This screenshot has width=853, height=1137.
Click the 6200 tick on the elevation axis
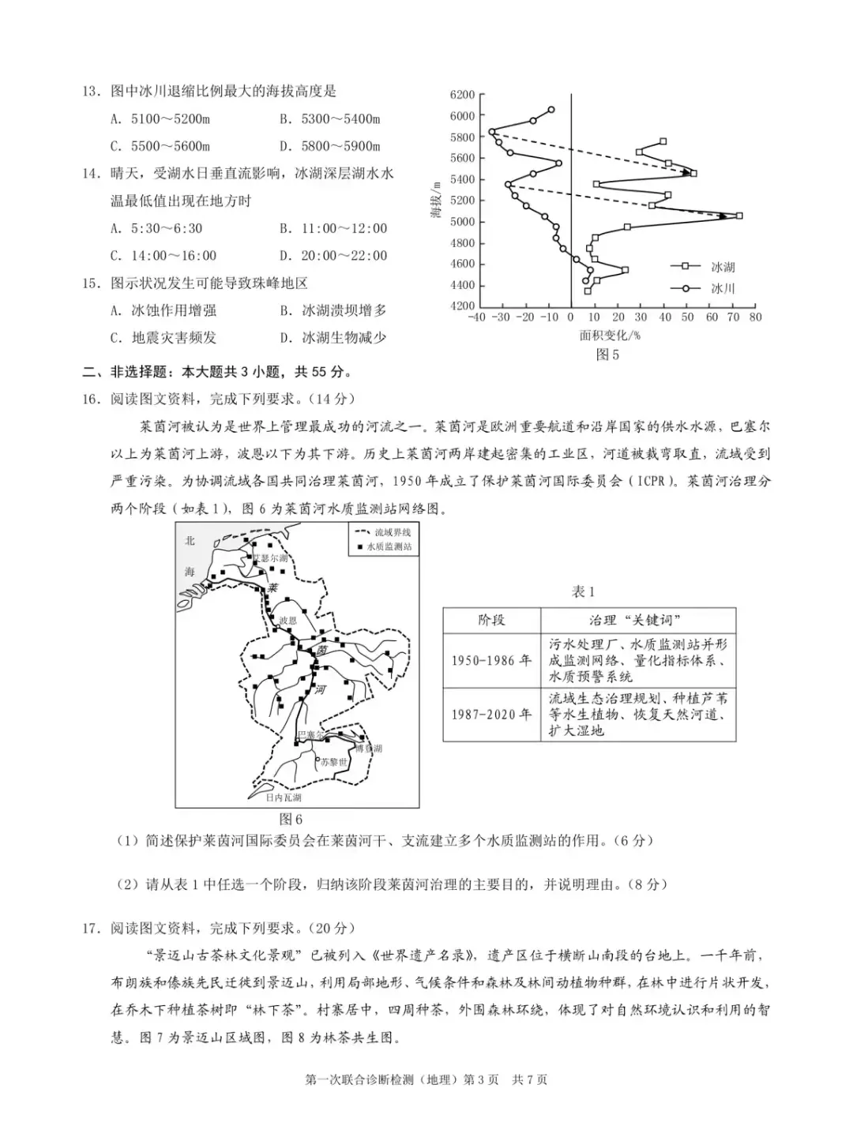(462, 95)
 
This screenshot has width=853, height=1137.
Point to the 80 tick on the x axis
(755, 317)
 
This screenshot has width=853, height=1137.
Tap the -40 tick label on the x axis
(476, 317)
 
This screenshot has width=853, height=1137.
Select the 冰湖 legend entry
(722, 267)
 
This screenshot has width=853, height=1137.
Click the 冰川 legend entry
(722, 288)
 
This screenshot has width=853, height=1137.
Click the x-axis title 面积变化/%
(610, 335)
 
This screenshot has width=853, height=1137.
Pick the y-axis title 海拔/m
(436, 199)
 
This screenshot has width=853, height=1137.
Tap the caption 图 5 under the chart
(607, 355)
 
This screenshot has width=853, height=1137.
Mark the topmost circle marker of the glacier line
(551, 110)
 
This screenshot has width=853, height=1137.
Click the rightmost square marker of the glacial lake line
(739, 216)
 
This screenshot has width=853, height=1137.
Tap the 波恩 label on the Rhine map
(287, 621)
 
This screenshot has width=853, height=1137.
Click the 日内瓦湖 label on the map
(284, 797)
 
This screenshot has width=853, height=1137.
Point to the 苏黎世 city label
(333, 762)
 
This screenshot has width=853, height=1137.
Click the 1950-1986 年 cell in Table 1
(491, 660)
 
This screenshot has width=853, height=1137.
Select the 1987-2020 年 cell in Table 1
(491, 714)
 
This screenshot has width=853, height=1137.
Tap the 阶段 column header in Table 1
(491, 620)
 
